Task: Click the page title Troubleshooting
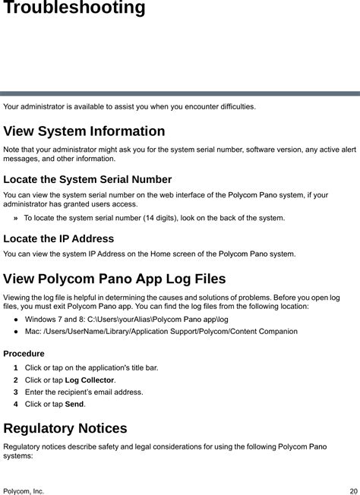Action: click(x=74, y=9)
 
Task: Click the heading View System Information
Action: click(x=84, y=131)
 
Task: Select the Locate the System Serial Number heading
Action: click(x=87, y=180)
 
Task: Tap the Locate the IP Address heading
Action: click(x=58, y=238)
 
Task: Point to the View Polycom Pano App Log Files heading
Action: click(x=115, y=279)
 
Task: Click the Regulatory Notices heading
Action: click(x=65, y=428)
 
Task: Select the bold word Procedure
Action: click(x=24, y=354)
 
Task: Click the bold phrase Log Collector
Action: click(x=90, y=380)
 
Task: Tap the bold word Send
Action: click(x=74, y=405)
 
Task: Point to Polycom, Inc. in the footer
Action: click(x=24, y=491)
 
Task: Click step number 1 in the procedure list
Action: click(x=15, y=368)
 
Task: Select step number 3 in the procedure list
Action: click(x=15, y=393)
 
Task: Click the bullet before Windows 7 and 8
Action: click(x=15, y=320)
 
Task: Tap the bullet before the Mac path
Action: click(x=15, y=332)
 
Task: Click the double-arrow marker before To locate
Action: click(x=16, y=219)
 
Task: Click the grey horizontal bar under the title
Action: click(x=180, y=93)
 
